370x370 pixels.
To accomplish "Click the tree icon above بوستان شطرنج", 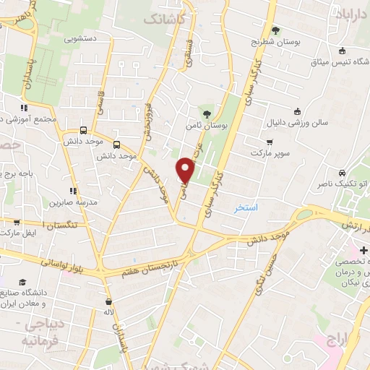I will coord(275,30).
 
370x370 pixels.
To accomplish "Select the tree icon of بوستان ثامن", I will coord(207,113).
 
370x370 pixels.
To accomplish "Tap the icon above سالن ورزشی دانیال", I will coord(296,111).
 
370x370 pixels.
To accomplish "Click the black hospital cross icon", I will coord(363,250).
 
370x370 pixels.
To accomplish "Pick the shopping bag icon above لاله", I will coord(109,301).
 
